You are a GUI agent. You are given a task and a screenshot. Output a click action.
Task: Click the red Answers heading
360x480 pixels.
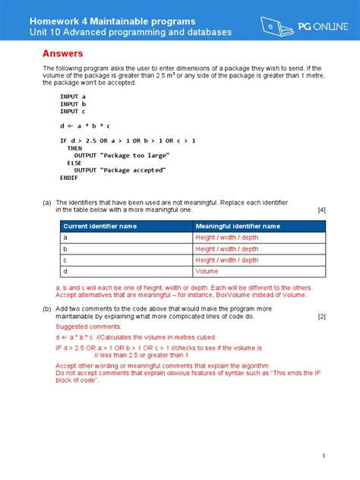click(62, 55)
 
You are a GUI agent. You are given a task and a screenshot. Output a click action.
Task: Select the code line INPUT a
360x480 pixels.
click(73, 97)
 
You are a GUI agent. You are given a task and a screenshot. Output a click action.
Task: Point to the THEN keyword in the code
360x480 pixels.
click(74, 148)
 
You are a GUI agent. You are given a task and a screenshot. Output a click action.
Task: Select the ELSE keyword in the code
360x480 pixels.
click(74, 163)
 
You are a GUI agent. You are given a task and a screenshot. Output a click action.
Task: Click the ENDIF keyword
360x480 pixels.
click(69, 177)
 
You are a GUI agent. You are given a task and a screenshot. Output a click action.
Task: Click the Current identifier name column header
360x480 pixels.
click(99, 226)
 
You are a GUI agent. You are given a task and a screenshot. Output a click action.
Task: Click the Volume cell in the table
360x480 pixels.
click(207, 271)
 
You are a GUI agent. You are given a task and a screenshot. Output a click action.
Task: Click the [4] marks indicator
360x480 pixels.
click(321, 210)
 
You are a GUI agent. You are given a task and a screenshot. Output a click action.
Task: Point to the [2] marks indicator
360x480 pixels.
click(321, 317)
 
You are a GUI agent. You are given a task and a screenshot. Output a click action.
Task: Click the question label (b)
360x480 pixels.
click(47, 309)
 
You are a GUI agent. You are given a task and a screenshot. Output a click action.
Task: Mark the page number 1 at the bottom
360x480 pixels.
click(323, 456)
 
